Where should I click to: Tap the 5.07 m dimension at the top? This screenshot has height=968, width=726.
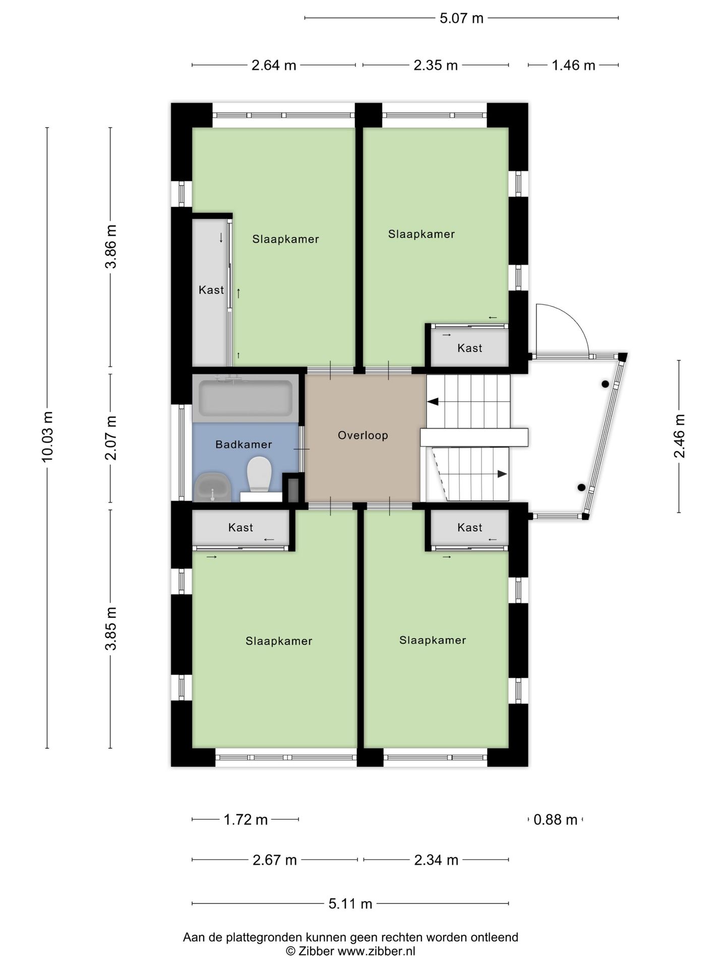point(461,19)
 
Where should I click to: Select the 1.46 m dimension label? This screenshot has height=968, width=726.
point(573,65)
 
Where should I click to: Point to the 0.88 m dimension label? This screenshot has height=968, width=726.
point(555,820)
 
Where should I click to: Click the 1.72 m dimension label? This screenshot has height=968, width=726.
point(246,820)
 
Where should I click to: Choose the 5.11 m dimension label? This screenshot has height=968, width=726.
point(350,904)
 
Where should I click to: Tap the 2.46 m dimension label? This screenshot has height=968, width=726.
point(679,436)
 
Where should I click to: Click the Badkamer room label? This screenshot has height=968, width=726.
point(244,445)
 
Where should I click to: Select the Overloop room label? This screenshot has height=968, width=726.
point(363,435)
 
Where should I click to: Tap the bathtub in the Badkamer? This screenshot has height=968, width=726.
point(246,398)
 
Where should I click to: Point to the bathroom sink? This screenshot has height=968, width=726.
point(213,487)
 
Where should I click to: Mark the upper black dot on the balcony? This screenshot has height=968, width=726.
point(605,384)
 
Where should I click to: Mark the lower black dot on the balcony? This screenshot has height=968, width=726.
point(581,488)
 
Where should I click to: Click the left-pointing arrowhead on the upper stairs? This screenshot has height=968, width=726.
point(433,402)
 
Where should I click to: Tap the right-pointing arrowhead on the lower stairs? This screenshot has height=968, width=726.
point(502,474)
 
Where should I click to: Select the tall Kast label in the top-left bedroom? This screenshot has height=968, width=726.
point(211,290)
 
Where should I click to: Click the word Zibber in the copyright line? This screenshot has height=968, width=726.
point(317,951)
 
